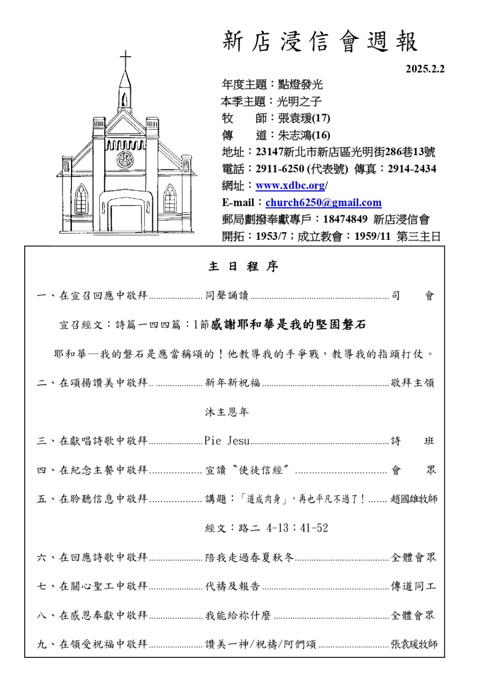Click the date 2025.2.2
pyautogui.click(x=425, y=69)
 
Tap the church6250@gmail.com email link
pyautogui.click(x=323, y=203)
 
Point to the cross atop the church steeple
pyautogui.click(x=126, y=60)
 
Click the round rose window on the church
pyautogui.click(x=125, y=159)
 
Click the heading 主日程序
pyautogui.click(x=243, y=267)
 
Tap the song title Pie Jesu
pyautogui.click(x=227, y=441)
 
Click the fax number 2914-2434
pyautogui.click(x=412, y=169)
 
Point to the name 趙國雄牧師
pyautogui.click(x=414, y=499)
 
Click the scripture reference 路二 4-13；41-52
pyautogui.click(x=267, y=528)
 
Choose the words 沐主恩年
pyautogui.click(x=227, y=412)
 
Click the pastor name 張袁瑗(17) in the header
pyautogui.click(x=304, y=118)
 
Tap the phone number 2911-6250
pyautogui.click(x=280, y=169)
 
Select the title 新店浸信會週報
pyautogui.click(x=320, y=42)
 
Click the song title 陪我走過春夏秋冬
pyautogui.click(x=249, y=558)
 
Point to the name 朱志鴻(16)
pyautogui.click(x=304, y=135)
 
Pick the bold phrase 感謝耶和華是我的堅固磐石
pyautogui.click(x=288, y=325)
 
